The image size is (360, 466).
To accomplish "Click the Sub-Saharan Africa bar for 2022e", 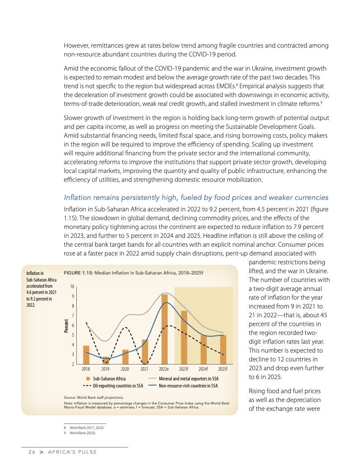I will tap(164, 329).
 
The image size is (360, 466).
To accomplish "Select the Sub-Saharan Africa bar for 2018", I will tap(86, 355).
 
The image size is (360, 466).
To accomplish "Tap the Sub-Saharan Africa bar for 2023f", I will tap(184, 338).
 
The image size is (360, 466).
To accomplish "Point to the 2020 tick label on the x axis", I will tap(125, 368).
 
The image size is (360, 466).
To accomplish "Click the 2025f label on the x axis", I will tap(222, 368).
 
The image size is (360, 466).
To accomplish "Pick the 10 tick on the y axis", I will tap(71, 287).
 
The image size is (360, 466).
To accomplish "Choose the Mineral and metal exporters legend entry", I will tap(188, 379).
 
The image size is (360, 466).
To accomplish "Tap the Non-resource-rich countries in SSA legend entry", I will tap(188, 386).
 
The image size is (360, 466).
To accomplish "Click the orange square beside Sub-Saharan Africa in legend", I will tap(88, 379).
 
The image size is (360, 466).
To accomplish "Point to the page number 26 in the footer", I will tap(31, 452).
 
